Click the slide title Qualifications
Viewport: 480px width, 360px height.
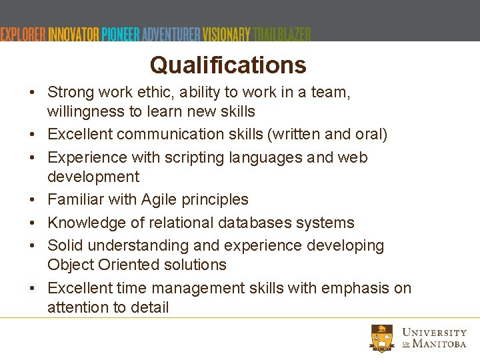point(228,65)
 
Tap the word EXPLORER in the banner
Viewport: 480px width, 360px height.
point(23,34)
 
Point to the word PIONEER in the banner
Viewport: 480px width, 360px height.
point(121,34)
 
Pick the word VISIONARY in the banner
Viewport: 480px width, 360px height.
point(227,34)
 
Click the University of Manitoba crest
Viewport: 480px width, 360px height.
point(383,338)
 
